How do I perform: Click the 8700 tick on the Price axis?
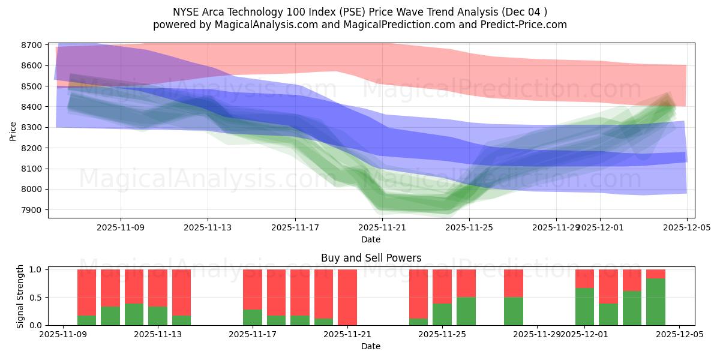tap(32, 45)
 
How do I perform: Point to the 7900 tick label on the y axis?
tap(32, 210)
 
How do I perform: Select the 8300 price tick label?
tap(32, 127)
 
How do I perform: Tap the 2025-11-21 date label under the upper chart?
tap(382, 227)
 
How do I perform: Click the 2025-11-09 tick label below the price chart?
tap(121, 227)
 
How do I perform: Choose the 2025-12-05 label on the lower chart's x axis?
tap(679, 335)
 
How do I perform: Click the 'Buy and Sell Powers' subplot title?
tap(371, 258)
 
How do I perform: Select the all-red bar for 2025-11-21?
tap(347, 297)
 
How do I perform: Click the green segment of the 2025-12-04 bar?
tap(656, 302)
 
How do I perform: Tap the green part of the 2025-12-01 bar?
tap(584, 307)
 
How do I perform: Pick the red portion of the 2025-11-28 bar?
tap(514, 283)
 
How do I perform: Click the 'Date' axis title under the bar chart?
tap(371, 346)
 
